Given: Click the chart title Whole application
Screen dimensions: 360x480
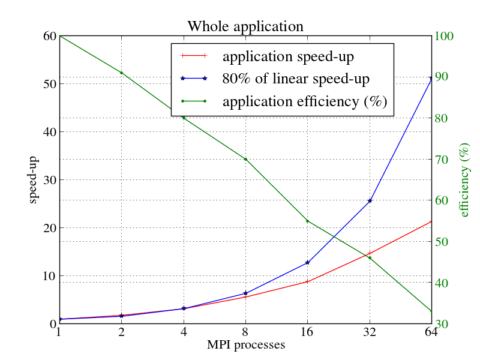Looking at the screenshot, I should click(x=245, y=27).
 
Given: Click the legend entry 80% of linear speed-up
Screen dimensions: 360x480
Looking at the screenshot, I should click(x=296, y=79).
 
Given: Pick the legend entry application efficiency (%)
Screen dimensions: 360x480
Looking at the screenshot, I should click(x=305, y=101).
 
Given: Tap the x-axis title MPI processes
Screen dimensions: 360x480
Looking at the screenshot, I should click(x=245, y=345).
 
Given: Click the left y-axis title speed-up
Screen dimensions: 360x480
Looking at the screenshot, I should click(x=34, y=180).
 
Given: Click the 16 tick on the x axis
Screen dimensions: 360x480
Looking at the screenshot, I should click(x=307, y=332).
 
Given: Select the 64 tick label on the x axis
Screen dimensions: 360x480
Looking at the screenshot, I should click(x=431, y=332).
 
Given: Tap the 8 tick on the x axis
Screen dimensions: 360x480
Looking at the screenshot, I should click(x=245, y=332).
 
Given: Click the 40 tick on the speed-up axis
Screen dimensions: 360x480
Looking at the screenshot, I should click(x=49, y=132).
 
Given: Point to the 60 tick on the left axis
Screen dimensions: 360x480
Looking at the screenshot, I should click(x=49, y=36).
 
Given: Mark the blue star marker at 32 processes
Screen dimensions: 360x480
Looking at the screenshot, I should click(x=370, y=201).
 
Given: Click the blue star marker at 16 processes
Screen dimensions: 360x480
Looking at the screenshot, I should click(x=307, y=263).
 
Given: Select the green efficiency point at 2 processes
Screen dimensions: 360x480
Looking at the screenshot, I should click(x=121, y=73).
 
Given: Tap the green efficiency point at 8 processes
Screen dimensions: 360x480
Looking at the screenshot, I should click(x=245, y=159).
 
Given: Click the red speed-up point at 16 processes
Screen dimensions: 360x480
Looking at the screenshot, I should click(x=307, y=281).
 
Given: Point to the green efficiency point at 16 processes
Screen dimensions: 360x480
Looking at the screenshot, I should click(x=307, y=221).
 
